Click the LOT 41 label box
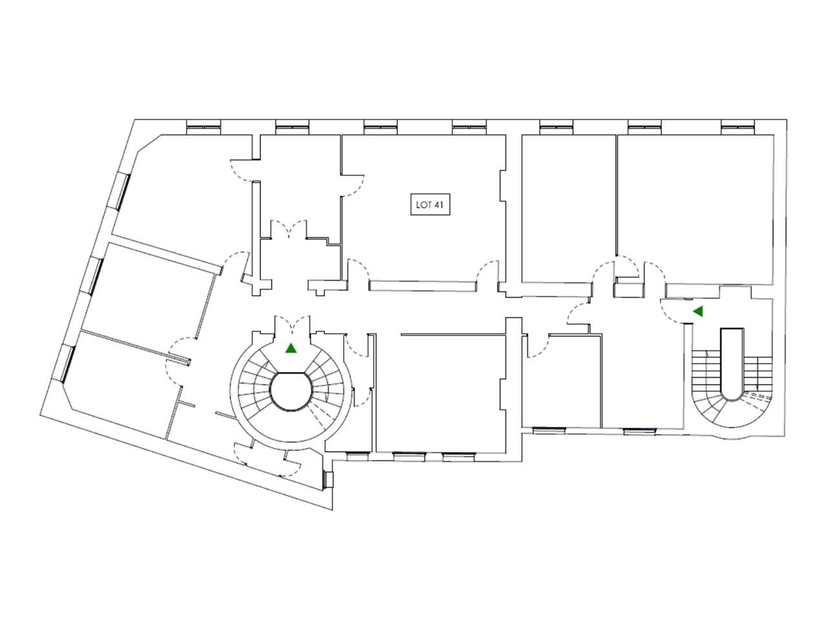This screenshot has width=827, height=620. point(430,205)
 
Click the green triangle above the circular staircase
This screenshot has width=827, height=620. point(291,348)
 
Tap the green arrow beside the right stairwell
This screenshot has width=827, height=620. point(698,311)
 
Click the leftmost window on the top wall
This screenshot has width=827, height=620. point(204,127)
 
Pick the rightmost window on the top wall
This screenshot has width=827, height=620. point(737,127)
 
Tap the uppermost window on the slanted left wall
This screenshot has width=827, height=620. point(122,191)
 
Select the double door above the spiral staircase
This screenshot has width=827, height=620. point(291,324)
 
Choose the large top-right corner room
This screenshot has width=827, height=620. point(695,209)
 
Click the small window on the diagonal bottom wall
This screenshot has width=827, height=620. point(327,479)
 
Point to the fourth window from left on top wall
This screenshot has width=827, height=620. point(469,127)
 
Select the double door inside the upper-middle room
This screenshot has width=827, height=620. point(289,229)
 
